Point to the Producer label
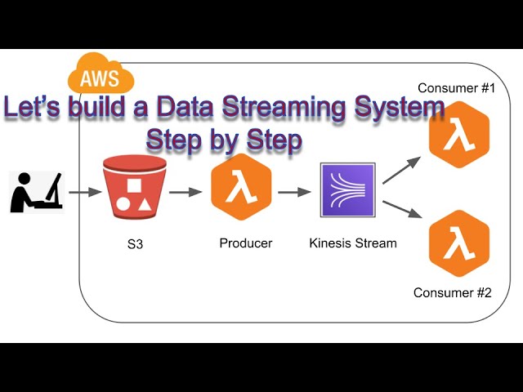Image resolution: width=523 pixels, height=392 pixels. pyautogui.click(x=245, y=243)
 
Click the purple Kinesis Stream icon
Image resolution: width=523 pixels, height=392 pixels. pyautogui.click(x=348, y=190)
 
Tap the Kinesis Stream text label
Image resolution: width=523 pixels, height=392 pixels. pyautogui.click(x=353, y=243)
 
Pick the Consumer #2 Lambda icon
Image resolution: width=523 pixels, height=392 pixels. pyautogui.click(x=458, y=244)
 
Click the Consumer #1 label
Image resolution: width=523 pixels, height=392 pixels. pyautogui.click(x=456, y=87)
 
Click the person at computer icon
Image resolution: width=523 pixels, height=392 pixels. pyautogui.click(x=36, y=193)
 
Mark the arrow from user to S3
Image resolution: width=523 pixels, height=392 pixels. pyautogui.click(x=79, y=193)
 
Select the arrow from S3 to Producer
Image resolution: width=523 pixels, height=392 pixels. pyautogui.click(x=185, y=193)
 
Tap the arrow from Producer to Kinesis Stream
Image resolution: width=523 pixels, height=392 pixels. pyautogui.click(x=295, y=193)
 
